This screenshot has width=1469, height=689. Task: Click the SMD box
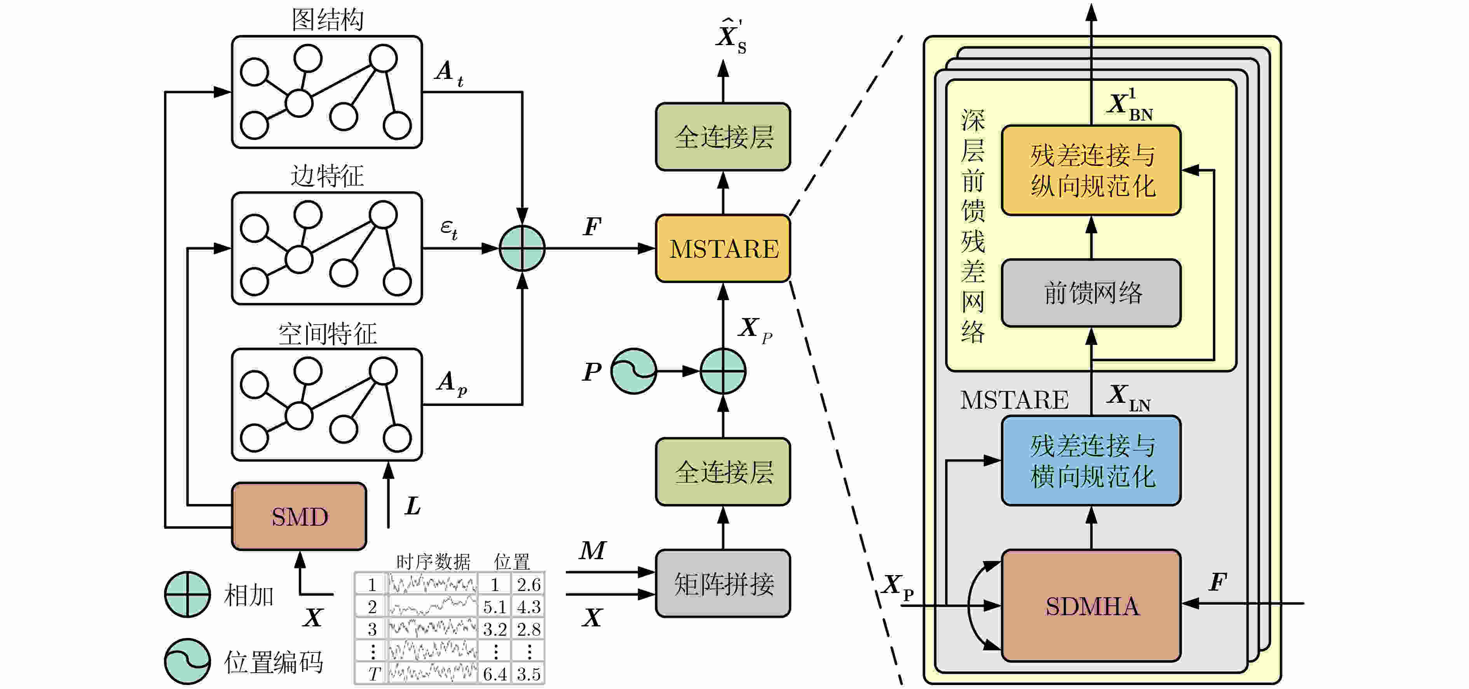click(299, 516)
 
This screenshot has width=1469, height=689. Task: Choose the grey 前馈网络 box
click(1091, 293)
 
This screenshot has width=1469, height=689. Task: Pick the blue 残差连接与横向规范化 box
click(1091, 460)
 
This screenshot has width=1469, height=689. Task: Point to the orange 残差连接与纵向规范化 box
click(1091, 170)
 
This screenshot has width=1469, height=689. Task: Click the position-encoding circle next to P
click(633, 371)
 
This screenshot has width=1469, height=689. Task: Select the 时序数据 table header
click(433, 562)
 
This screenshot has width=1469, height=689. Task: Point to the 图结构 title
click(327, 19)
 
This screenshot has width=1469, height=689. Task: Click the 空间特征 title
click(327, 333)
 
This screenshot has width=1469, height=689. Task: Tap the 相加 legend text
click(249, 595)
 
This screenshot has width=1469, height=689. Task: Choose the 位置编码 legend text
click(274, 662)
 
